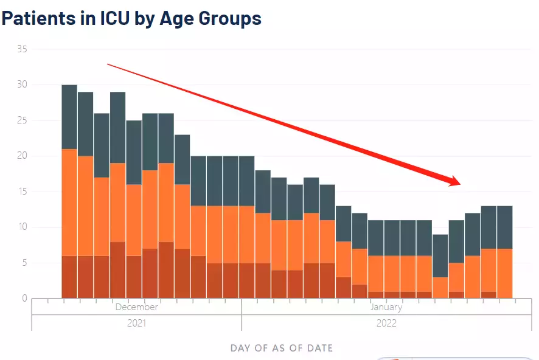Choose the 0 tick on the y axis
coord(24,298)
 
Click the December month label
coord(136,307)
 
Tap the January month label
coord(386,307)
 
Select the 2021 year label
coord(136,323)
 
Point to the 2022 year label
coord(386,323)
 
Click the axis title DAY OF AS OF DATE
coord(282,348)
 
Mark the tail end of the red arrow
coord(108,64)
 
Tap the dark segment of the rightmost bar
coord(504,227)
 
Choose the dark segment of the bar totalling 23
coord(182,159)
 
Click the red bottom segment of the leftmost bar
coord(69,277)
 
